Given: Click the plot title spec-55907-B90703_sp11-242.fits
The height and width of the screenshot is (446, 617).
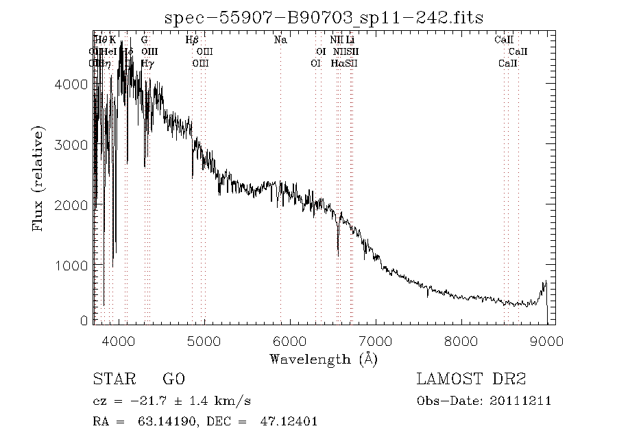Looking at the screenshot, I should [x=324, y=18].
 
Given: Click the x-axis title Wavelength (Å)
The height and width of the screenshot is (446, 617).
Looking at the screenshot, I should [x=324, y=359].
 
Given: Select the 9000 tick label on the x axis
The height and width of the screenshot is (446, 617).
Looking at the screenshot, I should [x=546, y=340].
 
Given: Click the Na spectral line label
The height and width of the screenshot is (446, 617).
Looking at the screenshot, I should [x=280, y=40].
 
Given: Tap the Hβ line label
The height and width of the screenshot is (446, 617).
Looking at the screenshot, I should [x=193, y=40].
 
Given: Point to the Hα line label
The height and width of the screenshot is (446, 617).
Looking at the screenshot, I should [x=337, y=63].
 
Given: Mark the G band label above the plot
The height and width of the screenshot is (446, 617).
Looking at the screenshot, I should [x=145, y=40].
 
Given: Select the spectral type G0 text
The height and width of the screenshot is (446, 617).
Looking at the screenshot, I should [x=173, y=379].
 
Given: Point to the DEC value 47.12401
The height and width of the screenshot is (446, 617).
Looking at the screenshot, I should [x=290, y=422].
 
